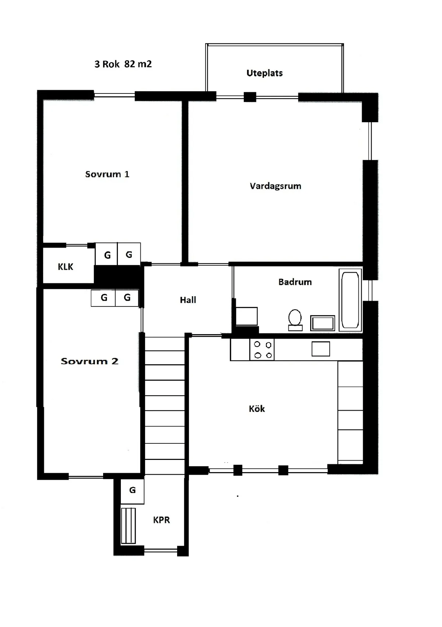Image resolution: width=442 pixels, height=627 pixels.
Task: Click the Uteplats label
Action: (x=264, y=73)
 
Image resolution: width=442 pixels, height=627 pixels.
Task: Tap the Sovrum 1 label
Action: (x=107, y=174)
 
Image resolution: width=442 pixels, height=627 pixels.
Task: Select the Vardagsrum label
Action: (x=275, y=186)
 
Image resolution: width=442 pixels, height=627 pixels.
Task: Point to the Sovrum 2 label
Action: (x=90, y=361)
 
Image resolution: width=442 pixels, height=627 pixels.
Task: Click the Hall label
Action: (x=188, y=300)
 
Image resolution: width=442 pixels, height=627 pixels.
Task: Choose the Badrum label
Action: (x=295, y=282)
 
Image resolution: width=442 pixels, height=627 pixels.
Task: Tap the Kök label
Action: (x=257, y=409)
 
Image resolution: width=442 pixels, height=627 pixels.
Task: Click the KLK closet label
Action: (x=65, y=267)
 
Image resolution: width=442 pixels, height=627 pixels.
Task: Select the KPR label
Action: (x=161, y=520)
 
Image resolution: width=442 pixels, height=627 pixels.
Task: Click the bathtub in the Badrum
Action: (x=350, y=300)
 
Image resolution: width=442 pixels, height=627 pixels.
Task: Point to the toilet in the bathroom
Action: (x=295, y=320)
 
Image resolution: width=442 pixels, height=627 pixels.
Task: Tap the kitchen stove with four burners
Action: (x=262, y=350)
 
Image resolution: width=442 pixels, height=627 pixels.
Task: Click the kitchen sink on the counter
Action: (x=321, y=349)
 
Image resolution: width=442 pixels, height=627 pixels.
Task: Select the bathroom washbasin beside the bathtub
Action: (x=323, y=323)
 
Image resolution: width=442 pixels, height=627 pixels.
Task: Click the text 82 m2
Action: (x=138, y=64)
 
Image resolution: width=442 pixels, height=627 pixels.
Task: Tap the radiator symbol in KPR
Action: (x=129, y=526)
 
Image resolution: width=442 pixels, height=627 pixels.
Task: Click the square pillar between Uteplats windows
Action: (x=250, y=97)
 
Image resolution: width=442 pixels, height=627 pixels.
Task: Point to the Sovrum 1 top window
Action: (x=114, y=95)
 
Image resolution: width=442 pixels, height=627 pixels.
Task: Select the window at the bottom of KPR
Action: (x=161, y=550)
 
